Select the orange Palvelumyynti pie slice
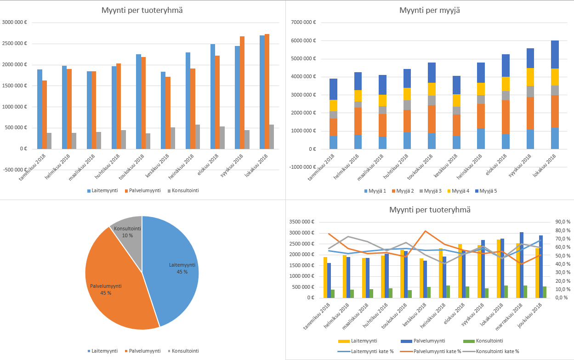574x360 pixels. pos(115,280)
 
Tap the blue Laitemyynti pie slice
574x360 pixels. pos(175,271)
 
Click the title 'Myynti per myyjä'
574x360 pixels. pos(429,10)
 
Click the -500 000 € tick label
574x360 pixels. pos(15,170)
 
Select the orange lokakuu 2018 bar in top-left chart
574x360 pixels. pos(267,92)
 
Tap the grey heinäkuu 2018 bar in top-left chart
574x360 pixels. pos(197,137)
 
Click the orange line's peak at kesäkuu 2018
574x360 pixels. pos(426,231)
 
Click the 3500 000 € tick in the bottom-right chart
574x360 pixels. pos(301,222)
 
